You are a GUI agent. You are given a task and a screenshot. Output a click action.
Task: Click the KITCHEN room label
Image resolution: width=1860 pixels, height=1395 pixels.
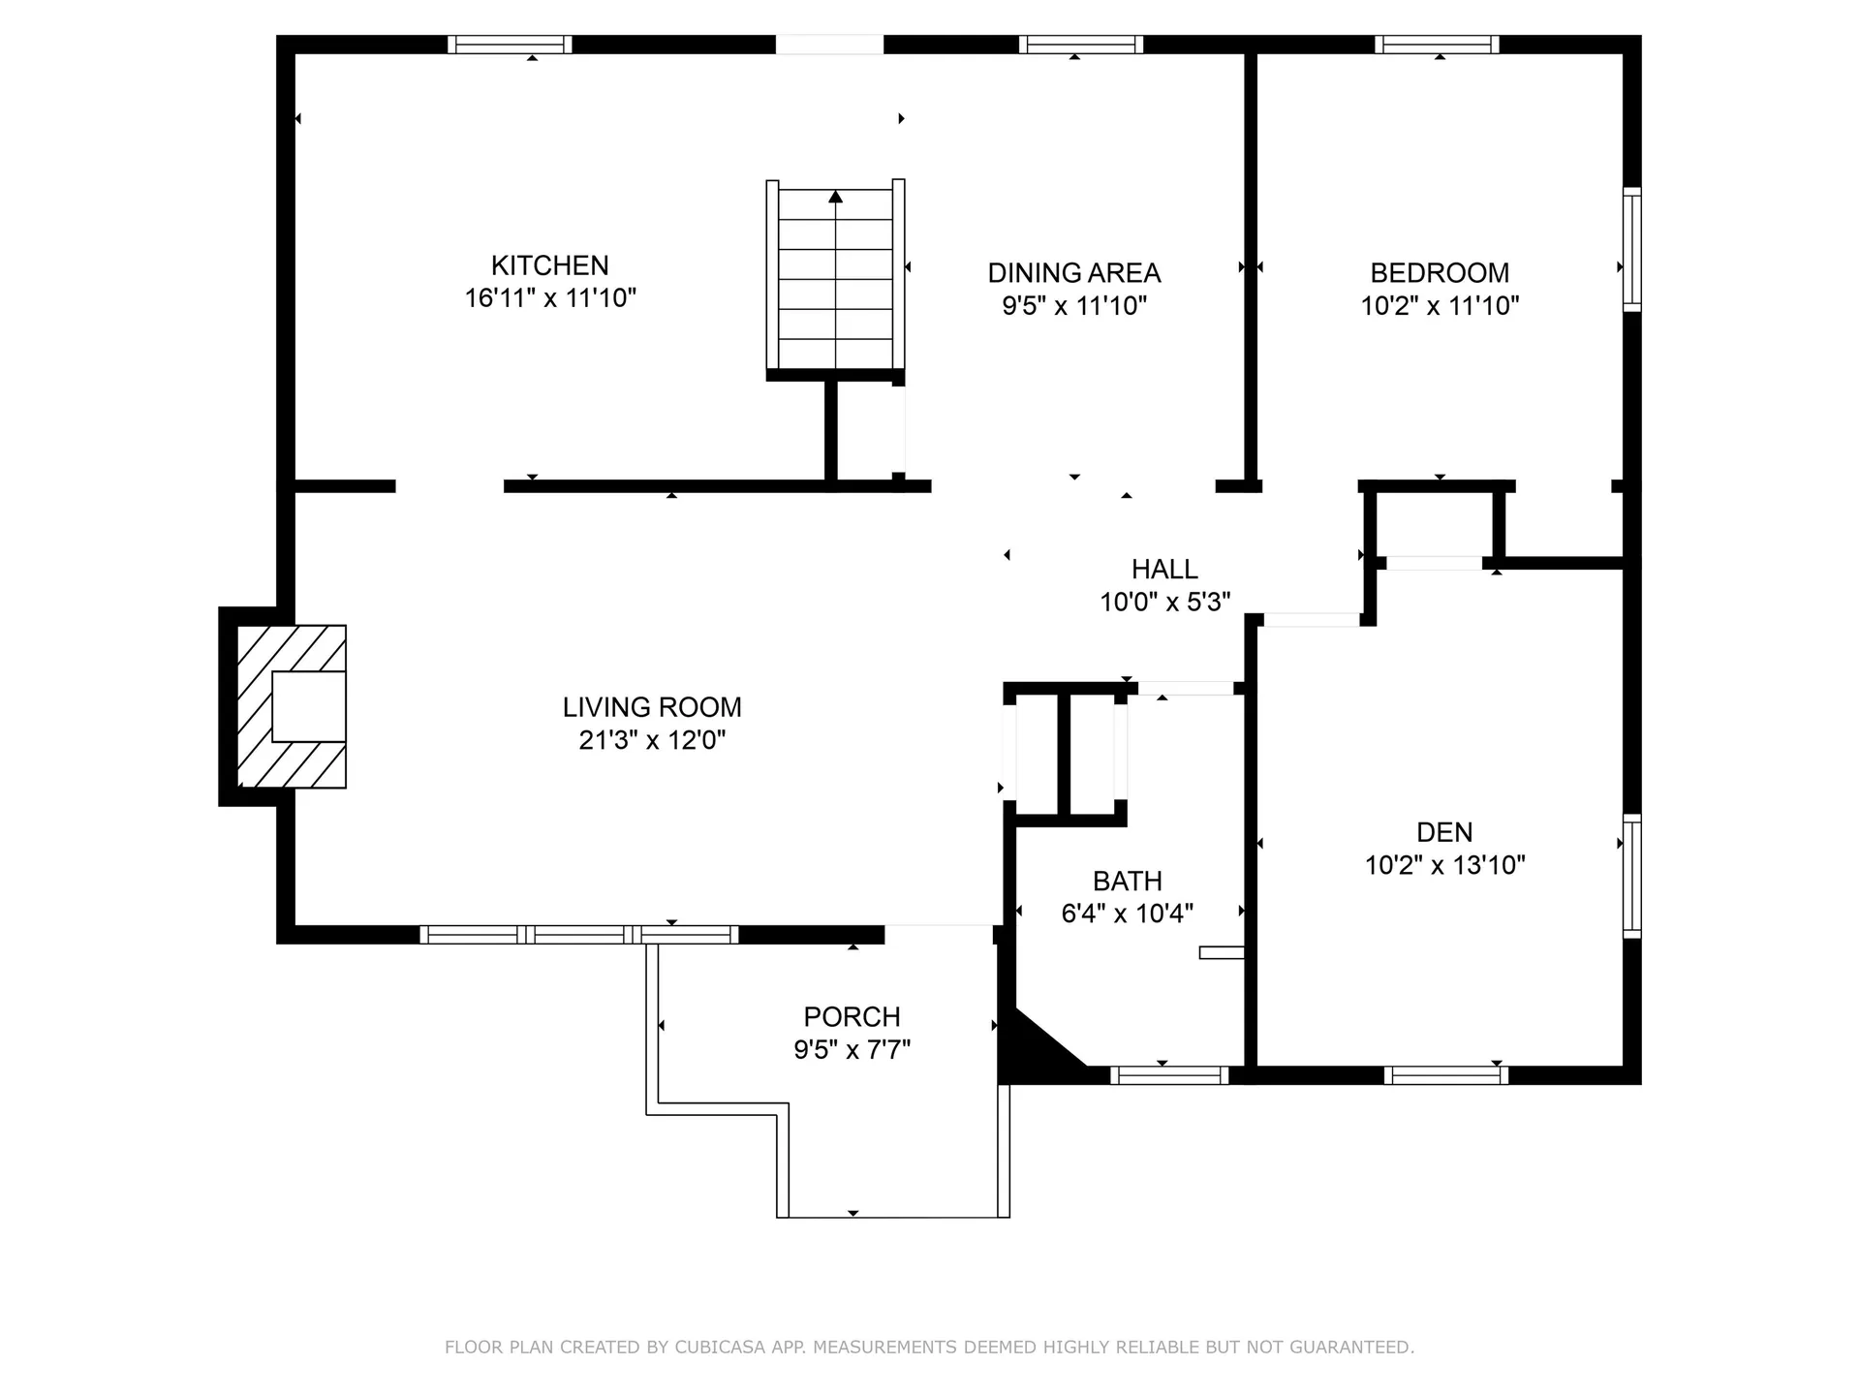coord(549,265)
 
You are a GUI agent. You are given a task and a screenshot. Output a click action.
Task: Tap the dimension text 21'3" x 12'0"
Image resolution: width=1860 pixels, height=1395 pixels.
coord(652,740)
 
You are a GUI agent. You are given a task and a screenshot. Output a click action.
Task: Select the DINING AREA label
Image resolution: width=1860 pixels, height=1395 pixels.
coord(1073,273)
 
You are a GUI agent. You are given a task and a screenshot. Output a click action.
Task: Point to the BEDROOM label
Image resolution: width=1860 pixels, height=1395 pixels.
coord(1440,273)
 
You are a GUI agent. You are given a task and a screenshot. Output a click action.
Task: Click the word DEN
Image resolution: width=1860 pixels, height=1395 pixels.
coord(1443,832)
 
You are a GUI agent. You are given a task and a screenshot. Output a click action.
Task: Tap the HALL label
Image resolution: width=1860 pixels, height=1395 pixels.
coord(1164,570)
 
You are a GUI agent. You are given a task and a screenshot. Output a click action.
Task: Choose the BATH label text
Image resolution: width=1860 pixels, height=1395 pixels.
coord(1127,882)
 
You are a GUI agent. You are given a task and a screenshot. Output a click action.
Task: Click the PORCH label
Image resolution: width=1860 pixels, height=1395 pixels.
coord(852,1017)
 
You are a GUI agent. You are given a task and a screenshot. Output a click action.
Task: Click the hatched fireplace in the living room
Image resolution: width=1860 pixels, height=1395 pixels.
coord(291,706)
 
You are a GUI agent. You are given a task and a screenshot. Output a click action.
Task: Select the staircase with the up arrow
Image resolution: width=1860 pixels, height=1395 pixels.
coord(835,278)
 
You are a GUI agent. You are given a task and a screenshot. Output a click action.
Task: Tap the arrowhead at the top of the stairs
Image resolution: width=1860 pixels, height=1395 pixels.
coord(835,198)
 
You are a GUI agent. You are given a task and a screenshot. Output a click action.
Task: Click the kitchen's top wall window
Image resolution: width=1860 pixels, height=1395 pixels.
coord(510,45)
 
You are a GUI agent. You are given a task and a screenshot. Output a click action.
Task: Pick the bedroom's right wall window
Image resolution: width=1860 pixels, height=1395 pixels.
coord(1631,249)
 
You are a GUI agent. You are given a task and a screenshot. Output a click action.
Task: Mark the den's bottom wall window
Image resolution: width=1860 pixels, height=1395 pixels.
coord(1445,1074)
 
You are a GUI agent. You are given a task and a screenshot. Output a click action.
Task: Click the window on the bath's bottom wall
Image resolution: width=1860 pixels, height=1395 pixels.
coord(1169,1074)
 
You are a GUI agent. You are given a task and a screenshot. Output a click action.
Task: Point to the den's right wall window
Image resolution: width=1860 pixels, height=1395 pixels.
coord(1631,876)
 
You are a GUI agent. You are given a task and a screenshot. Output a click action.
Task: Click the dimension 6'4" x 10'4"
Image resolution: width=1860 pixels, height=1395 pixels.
coord(1127,914)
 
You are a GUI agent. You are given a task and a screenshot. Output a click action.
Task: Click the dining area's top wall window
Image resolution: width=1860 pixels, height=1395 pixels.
coord(1080,45)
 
